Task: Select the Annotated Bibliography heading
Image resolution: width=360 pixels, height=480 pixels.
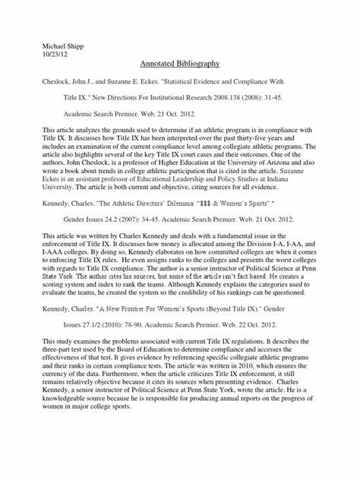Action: point(180,65)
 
